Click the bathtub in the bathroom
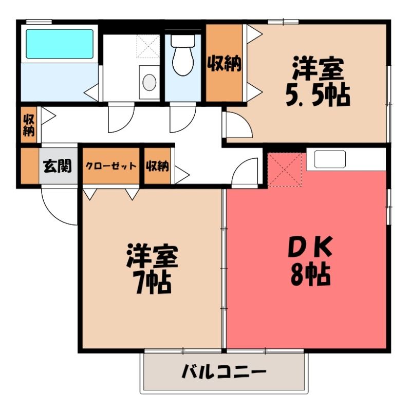pyautogui.click(x=60, y=44)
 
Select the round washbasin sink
pyautogui.click(x=150, y=82)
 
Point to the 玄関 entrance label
pyautogui.click(x=58, y=166)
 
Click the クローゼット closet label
pyautogui.click(x=111, y=166)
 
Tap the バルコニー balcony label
pyautogui.click(x=224, y=371)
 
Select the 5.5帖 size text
pyautogui.click(x=317, y=95)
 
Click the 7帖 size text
pyautogui.click(x=152, y=283)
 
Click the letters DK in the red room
pyautogui.click(x=310, y=247)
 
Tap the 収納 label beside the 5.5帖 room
pyautogui.click(x=225, y=63)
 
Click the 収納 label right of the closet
pyautogui.click(x=157, y=166)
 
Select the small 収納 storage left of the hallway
pyautogui.click(x=29, y=125)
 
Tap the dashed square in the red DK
pyautogui.click(x=285, y=170)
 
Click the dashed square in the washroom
pyautogui.click(x=148, y=46)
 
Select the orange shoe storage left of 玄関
pyautogui.click(x=30, y=166)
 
